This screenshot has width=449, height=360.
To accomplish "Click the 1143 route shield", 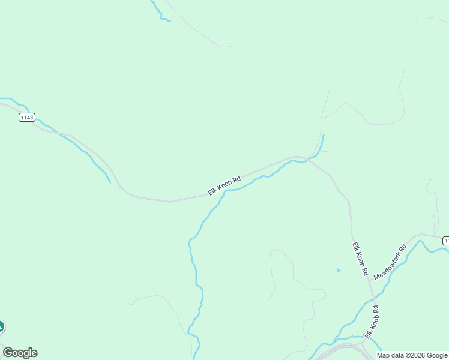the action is point(26,118).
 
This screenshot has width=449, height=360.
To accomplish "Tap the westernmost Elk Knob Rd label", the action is point(224,185).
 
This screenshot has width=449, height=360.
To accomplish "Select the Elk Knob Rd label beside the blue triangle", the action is point(360,259).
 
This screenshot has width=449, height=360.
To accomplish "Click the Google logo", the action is point(20,353).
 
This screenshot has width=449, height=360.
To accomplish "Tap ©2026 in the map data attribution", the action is point(416,355).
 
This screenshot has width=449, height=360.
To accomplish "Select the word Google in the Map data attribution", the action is point(437,355).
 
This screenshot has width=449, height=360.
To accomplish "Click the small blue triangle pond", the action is point(339,271).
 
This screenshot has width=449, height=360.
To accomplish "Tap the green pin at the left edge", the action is point(1,327).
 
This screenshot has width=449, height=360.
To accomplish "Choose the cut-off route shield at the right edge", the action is point(446,241).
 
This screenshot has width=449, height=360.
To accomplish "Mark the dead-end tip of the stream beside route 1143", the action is point(110,182).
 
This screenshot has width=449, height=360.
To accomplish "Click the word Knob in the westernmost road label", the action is point(226,184).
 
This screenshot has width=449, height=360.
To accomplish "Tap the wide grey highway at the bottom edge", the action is point(342,348).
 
